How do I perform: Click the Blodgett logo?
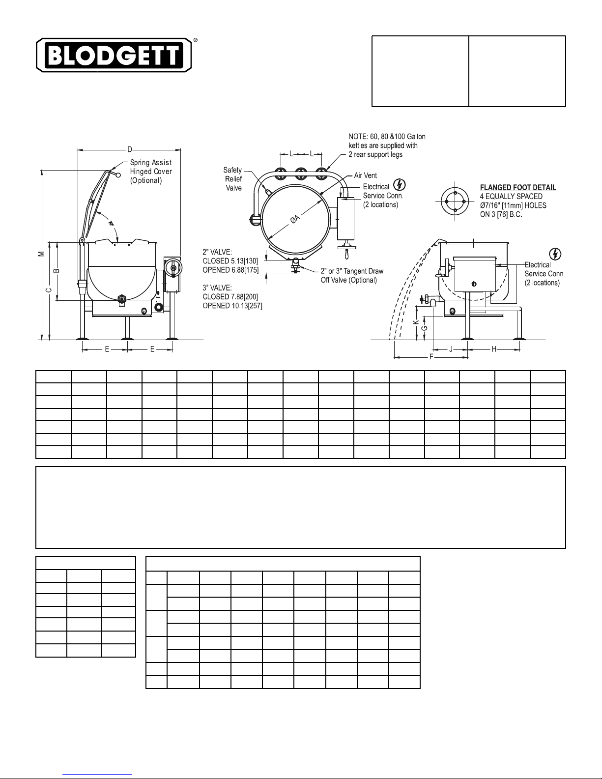pos(114,55)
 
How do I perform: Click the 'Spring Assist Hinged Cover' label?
pos(151,172)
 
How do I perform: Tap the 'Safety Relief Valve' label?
pos(233,179)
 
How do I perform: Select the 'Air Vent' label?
pos(366,175)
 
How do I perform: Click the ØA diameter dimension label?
pos(294,219)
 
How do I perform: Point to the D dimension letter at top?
pos(130,149)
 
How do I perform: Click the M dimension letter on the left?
pos(42,254)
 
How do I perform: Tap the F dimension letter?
pos(431,357)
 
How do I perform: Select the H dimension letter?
pos(494,349)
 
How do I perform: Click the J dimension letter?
pos(451,349)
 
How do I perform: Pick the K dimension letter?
pos(416,322)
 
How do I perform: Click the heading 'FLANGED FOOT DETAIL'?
pos(518,187)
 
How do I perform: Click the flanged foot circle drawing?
pos(455,202)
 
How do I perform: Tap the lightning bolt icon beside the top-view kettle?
pos(399,185)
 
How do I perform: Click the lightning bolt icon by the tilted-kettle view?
pos(555,254)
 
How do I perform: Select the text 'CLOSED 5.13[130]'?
pos(230,261)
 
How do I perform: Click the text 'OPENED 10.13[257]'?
pos(232,306)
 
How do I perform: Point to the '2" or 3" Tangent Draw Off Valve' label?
pos(352,275)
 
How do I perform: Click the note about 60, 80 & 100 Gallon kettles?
pos(387,145)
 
